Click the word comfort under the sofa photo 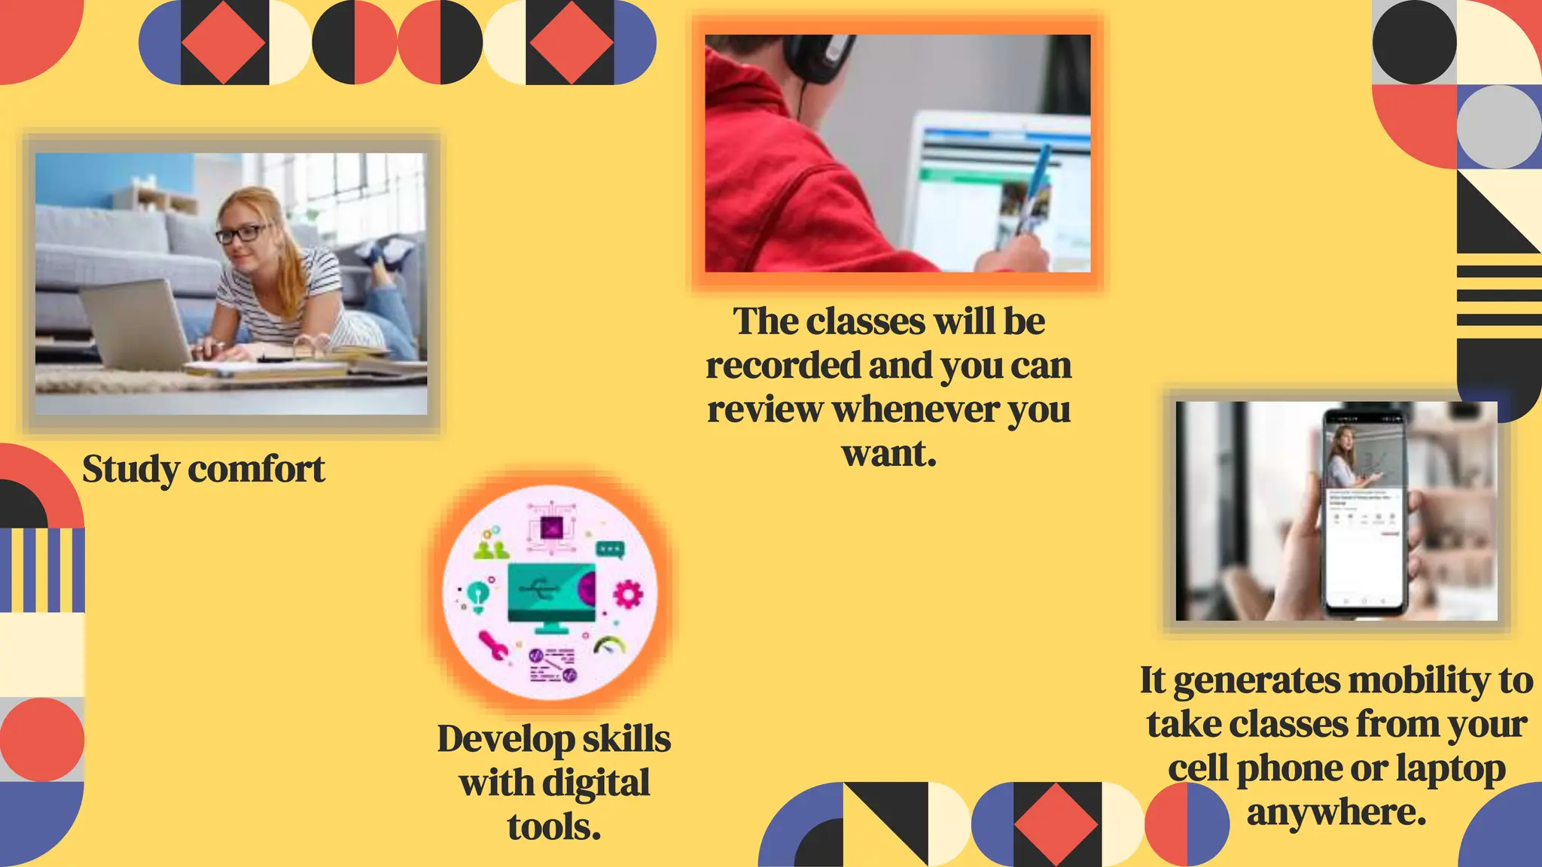(256, 470)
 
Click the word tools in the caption (553, 827)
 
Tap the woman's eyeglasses (241, 233)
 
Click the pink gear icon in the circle (629, 595)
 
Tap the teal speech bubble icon (609, 549)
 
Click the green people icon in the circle (491, 550)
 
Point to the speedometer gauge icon (610, 646)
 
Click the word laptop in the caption (1450, 769)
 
